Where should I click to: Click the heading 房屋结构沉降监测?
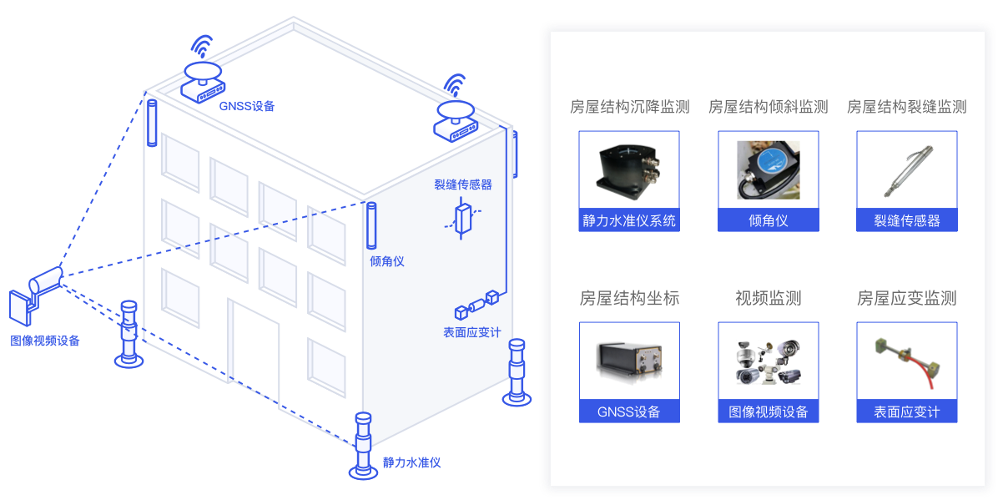(629, 107)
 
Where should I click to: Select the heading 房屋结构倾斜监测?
(768, 107)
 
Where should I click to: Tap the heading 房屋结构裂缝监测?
(906, 107)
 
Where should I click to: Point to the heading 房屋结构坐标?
(629, 298)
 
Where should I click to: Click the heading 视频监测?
(768, 298)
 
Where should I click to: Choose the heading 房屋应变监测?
(906, 298)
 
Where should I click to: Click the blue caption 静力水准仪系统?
(629, 220)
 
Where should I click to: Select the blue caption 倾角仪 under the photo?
(768, 220)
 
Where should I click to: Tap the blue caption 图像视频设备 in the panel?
(768, 412)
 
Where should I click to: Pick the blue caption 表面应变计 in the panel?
(906, 412)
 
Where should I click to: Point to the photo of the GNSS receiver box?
(629, 361)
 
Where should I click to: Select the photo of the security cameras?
(768, 361)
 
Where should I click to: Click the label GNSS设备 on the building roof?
(247, 106)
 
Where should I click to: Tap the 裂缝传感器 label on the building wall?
(462, 184)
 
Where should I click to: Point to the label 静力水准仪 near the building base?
(411, 462)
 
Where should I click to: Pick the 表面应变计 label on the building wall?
(471, 332)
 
